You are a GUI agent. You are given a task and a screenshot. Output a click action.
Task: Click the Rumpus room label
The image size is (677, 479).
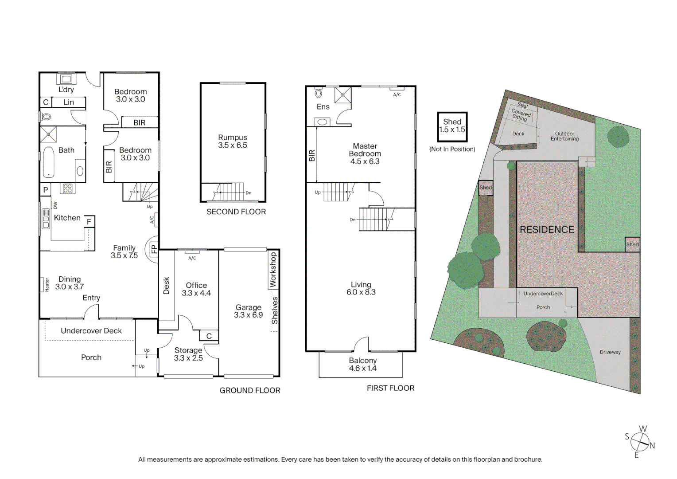[x=232, y=137]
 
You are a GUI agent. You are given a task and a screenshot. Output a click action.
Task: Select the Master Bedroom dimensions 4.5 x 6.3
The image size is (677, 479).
[x=365, y=161]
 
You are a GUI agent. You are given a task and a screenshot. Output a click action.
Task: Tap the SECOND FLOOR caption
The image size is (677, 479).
[x=236, y=212]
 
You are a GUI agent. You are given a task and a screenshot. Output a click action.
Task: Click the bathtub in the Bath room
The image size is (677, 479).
[x=48, y=163]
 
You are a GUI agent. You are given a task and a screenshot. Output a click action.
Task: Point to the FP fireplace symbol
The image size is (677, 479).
[x=153, y=249]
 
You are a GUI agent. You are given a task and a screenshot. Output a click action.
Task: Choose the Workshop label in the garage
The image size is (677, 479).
[x=273, y=270]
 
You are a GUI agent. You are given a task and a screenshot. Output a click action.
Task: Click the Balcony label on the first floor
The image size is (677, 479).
[x=362, y=361]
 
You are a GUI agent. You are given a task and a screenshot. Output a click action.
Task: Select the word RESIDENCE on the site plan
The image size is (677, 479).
[x=547, y=230]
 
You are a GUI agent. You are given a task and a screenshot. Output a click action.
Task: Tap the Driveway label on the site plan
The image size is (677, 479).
[x=610, y=352]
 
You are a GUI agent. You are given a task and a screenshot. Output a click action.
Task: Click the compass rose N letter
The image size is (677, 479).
[x=652, y=446]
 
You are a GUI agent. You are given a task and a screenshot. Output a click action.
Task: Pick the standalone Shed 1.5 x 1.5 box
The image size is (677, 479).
[x=452, y=126]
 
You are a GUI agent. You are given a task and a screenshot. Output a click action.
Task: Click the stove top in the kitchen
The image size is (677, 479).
[x=67, y=188]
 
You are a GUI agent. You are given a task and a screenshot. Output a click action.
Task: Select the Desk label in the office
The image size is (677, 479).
[x=167, y=286]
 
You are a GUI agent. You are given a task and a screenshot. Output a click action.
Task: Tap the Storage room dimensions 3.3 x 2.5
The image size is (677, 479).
[x=188, y=358]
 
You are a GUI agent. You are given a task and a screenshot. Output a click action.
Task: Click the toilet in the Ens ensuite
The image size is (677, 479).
[x=318, y=94]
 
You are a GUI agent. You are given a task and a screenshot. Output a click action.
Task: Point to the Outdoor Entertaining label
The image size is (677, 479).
[x=564, y=136]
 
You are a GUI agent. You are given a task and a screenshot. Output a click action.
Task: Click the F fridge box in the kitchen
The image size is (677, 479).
[x=89, y=222]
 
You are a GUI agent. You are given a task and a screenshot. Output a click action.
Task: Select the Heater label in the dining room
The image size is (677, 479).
[x=47, y=285]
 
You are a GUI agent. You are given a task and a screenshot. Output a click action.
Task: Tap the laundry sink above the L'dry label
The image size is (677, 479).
[x=66, y=79]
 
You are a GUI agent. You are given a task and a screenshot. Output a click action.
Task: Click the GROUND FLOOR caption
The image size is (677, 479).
[x=250, y=390]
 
